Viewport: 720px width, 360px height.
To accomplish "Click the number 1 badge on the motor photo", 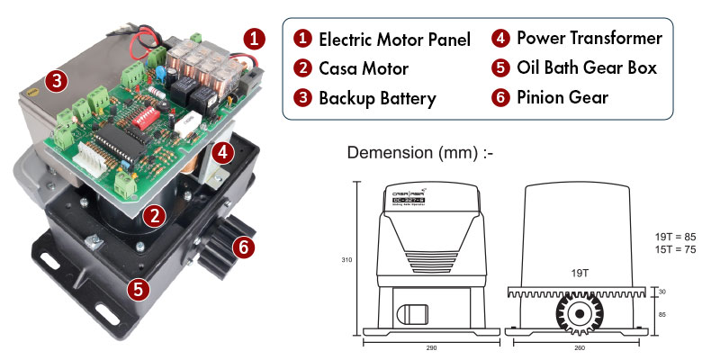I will tap(256, 39).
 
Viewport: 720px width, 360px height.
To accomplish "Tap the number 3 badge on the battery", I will tap(56, 82).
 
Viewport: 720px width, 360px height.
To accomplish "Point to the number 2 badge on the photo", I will tap(155, 216).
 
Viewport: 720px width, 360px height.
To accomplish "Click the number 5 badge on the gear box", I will tap(138, 289).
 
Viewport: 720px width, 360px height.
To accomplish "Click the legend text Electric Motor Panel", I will tap(394, 40).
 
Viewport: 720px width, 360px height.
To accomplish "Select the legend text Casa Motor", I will tap(364, 68).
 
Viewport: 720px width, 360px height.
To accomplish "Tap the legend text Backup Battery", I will tap(377, 98).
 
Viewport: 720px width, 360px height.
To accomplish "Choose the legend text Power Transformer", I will tap(589, 39).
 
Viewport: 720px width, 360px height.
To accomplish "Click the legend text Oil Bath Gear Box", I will tap(588, 68).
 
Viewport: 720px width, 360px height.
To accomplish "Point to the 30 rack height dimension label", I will tap(661, 292).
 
